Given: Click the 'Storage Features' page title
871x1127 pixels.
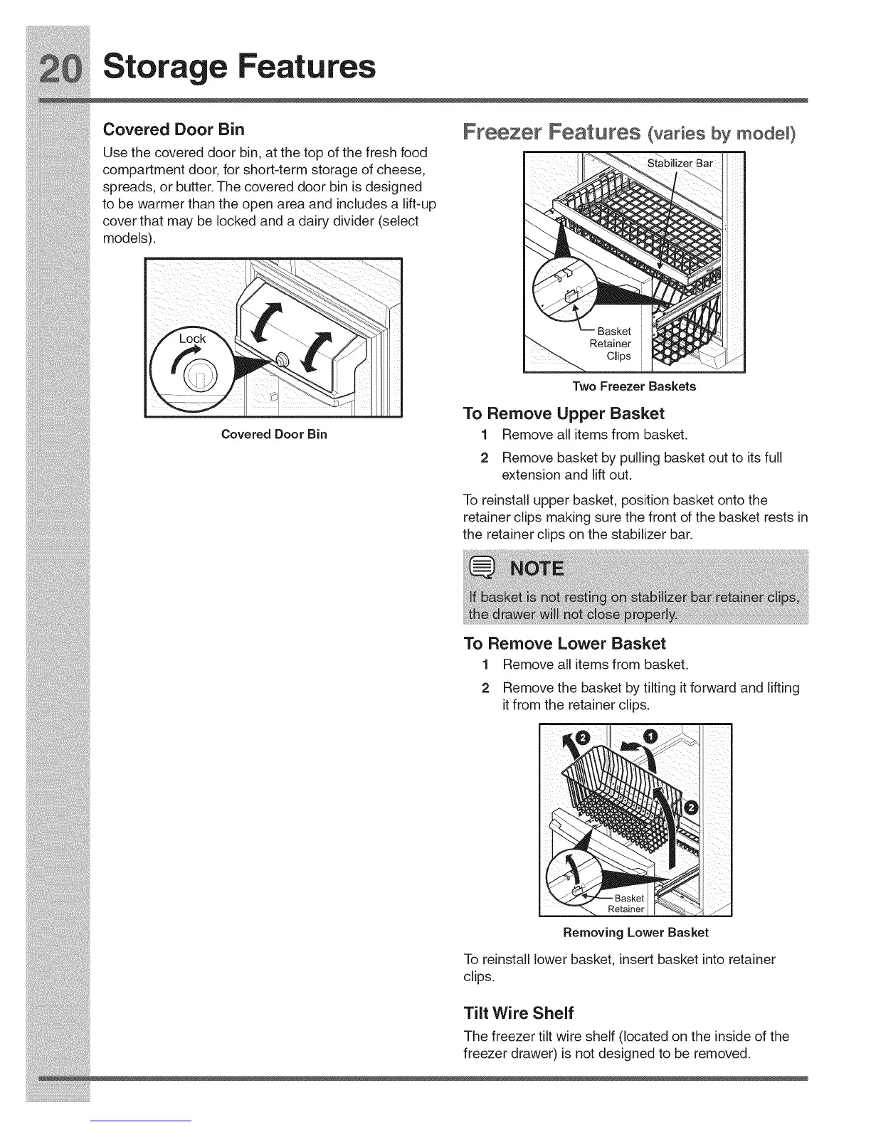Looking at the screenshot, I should [x=239, y=66].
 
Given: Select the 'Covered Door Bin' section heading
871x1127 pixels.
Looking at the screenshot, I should [x=174, y=129].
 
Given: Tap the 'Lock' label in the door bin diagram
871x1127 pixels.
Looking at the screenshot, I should [x=192, y=339].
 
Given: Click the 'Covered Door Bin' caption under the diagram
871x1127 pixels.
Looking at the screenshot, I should [x=274, y=434].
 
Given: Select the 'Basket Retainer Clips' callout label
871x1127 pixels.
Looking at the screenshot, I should [x=613, y=344].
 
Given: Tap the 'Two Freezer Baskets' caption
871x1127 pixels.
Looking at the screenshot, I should [x=634, y=386].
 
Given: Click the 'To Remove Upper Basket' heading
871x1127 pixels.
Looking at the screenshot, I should [x=563, y=413].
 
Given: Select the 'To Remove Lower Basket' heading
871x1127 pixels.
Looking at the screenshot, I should [x=564, y=643].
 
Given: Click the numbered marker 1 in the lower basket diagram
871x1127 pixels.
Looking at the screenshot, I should [x=652, y=736].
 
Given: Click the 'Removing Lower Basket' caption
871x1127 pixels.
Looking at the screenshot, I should [x=635, y=932].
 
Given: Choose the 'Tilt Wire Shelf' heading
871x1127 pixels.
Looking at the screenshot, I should [x=518, y=1012].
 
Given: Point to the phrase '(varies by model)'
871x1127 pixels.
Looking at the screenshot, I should [x=720, y=134].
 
